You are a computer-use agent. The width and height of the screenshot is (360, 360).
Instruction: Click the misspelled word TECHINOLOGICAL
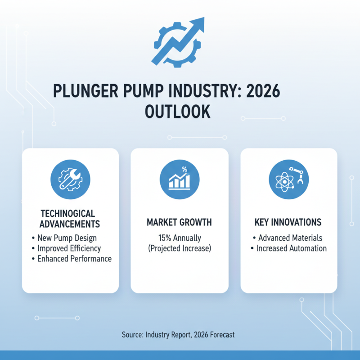click(x=67, y=213)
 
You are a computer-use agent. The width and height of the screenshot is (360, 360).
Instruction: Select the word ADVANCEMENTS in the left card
click(x=70, y=224)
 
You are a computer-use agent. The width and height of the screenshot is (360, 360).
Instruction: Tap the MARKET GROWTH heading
click(x=179, y=223)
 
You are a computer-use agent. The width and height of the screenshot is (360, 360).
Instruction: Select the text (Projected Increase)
click(x=179, y=248)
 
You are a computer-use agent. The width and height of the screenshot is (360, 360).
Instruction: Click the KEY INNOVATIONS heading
click(x=288, y=223)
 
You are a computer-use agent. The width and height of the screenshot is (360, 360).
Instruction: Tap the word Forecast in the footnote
click(x=221, y=335)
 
